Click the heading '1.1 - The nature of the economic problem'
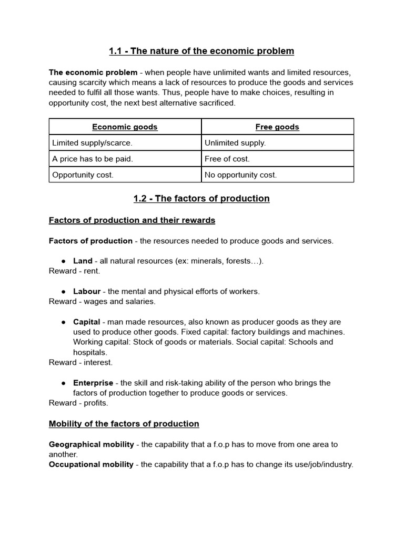(201, 51)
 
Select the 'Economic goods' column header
(125, 127)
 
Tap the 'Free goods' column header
(277, 127)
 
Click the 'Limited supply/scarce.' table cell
(92, 143)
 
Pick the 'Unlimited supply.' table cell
(235, 143)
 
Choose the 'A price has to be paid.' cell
(92, 159)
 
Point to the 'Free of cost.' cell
(227, 159)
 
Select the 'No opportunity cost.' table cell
(240, 175)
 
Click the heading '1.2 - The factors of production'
(201, 199)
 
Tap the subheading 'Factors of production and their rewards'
(132, 220)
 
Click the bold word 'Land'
(83, 261)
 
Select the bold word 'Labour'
(87, 291)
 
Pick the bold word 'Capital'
(86, 322)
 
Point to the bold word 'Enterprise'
(93, 383)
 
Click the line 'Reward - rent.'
(74, 271)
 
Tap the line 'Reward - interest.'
(80, 363)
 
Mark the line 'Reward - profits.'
(78, 403)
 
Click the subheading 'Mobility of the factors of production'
(124, 423)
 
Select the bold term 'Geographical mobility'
(92, 444)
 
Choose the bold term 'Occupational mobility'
(91, 464)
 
